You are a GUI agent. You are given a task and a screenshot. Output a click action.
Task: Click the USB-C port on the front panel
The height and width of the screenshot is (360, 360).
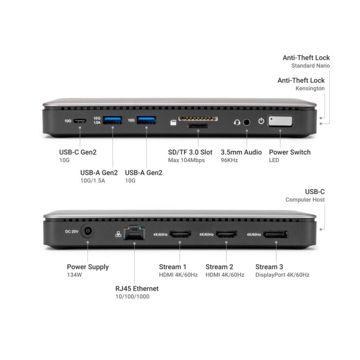[x=80, y=121]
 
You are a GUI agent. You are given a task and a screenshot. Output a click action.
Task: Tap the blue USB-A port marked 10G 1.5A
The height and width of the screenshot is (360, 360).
[x=113, y=120]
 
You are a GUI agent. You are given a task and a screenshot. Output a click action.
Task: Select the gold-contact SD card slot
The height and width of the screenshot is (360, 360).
[x=198, y=119]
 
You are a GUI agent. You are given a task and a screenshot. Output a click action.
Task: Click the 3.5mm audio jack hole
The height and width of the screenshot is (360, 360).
[x=246, y=122]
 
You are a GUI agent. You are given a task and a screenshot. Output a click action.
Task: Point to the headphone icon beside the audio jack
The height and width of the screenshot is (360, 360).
[x=237, y=122]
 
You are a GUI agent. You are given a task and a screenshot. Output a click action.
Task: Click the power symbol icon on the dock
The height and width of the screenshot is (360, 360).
[x=261, y=121]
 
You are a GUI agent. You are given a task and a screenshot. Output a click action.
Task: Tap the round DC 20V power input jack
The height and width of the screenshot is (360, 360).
[x=88, y=231]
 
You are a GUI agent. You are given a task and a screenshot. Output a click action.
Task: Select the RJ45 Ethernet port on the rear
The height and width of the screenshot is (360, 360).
[x=134, y=232]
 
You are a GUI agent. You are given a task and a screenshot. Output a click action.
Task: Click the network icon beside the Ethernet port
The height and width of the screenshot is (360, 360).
[x=118, y=234]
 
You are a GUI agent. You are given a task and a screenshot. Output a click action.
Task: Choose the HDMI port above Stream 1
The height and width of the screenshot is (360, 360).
[x=180, y=234]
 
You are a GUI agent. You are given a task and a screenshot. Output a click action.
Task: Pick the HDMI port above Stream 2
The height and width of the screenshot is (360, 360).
[x=227, y=234]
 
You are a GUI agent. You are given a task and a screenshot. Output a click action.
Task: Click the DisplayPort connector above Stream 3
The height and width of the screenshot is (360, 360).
[x=276, y=235]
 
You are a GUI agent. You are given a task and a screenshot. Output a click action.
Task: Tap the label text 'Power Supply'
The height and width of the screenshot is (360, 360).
[x=88, y=267]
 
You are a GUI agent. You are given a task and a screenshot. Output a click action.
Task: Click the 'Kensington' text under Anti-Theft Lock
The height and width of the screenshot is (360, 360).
[x=310, y=88]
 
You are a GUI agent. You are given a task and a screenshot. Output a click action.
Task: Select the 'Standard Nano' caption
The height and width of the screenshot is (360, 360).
[x=311, y=66]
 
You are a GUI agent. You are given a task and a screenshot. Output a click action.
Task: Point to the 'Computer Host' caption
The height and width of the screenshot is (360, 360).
[x=305, y=200]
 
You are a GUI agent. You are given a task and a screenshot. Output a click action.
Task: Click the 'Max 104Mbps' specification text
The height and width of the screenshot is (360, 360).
[x=186, y=160]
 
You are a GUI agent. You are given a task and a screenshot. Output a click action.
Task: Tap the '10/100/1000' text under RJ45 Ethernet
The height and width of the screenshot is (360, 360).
[x=132, y=296]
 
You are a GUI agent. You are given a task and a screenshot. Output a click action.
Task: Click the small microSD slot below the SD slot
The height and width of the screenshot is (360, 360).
[x=197, y=125]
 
